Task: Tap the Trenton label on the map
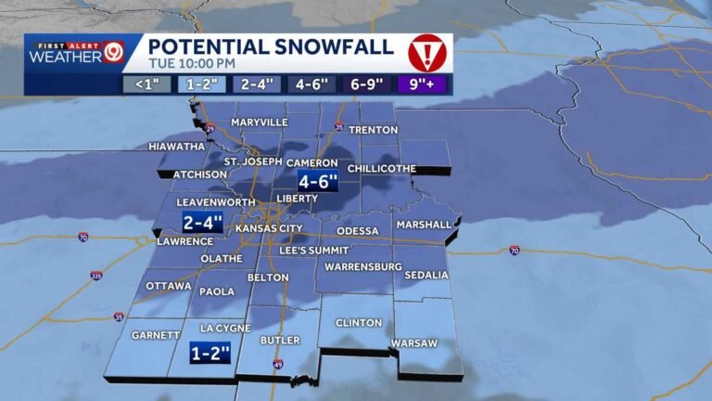[373, 130]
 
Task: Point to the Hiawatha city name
[177, 147]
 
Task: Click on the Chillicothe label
[381, 168]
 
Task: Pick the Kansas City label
[270, 228]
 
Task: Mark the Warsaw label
[413, 343]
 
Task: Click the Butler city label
[279, 341]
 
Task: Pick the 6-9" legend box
[367, 84]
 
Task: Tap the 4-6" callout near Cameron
[317, 181]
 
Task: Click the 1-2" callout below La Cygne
[209, 353]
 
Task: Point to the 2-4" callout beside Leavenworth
[203, 223]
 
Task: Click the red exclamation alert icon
[426, 53]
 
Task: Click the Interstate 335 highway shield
[96, 277]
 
